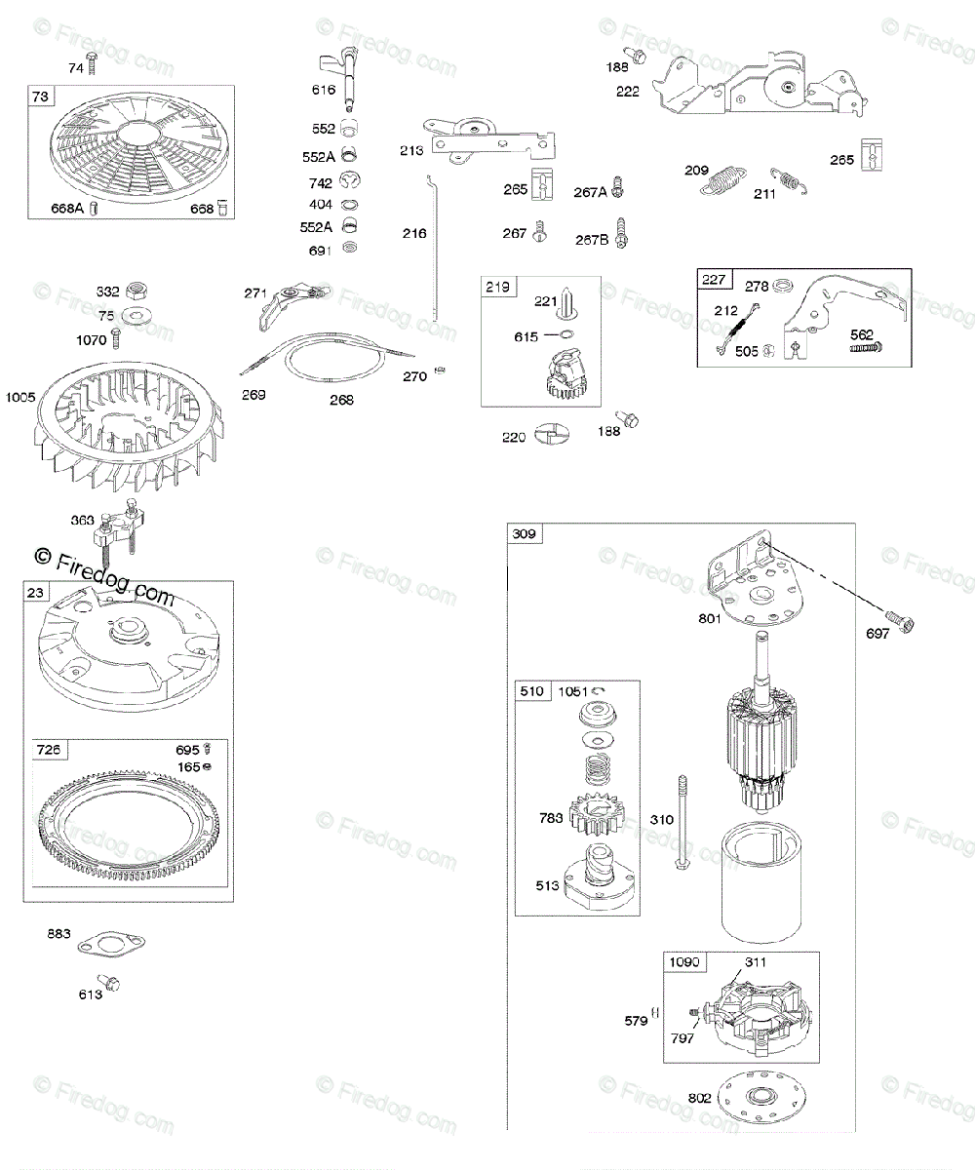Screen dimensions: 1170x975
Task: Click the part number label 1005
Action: point(19,397)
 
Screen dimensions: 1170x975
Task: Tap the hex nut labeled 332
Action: point(138,292)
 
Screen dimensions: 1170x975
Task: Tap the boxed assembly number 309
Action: point(526,534)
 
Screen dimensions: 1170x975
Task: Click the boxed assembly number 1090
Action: point(683,962)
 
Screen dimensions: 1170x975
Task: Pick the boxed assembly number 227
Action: point(715,280)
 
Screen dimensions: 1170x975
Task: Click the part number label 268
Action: point(341,400)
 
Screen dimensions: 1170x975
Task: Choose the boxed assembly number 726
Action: point(49,749)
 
